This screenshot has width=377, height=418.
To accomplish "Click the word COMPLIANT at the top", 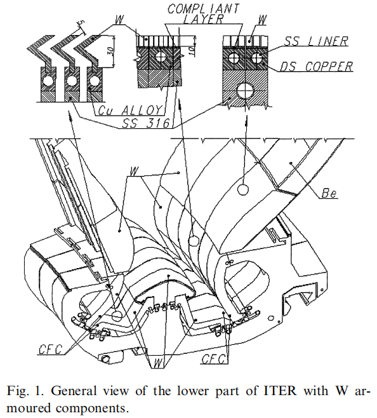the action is (x=204, y=9).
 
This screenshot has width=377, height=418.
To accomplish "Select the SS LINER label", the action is (x=316, y=41).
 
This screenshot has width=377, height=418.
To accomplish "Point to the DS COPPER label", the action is (x=316, y=66).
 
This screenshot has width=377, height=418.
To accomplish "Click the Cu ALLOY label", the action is (x=129, y=110).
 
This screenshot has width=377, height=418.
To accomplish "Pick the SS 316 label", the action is (x=146, y=123).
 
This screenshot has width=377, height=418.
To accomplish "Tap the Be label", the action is (x=329, y=193).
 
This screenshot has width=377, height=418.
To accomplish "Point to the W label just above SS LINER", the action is (x=262, y=20).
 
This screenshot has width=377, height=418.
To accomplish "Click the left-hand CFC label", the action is (x=51, y=349).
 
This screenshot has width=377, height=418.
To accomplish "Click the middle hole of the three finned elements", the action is (x=72, y=80).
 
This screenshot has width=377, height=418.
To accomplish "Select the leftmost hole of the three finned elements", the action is (x=48, y=80).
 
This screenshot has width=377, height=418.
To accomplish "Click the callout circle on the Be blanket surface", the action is (x=242, y=189).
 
